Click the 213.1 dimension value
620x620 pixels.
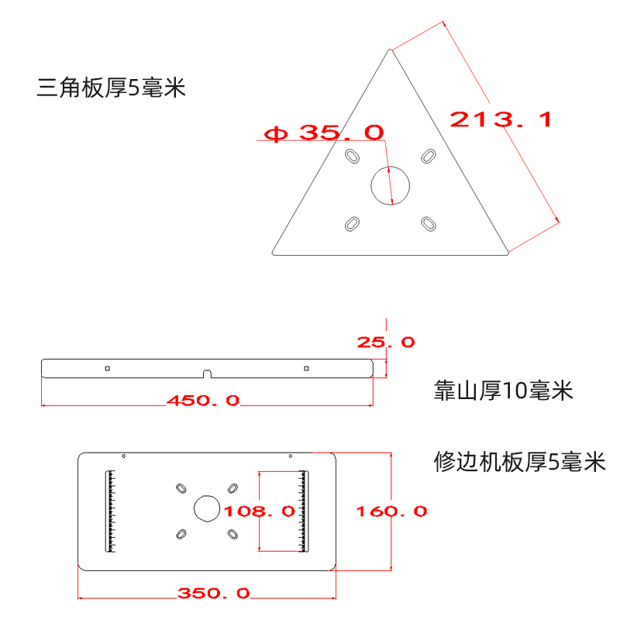(x=501, y=120)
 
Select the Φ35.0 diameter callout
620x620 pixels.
(x=324, y=133)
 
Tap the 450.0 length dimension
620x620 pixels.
(x=203, y=401)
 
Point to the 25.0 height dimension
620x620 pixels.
(x=385, y=342)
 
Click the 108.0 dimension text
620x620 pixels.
(x=260, y=511)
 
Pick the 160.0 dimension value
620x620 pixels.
(x=391, y=511)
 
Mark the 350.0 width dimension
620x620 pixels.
(x=214, y=594)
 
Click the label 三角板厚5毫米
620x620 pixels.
(x=112, y=88)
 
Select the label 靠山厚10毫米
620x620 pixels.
(x=504, y=391)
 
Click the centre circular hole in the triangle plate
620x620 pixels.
(x=391, y=184)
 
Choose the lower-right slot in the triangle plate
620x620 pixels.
(x=428, y=224)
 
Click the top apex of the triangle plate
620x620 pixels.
(x=390, y=50)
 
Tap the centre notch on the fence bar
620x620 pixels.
(x=207, y=374)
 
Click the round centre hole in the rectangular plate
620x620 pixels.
(x=206, y=509)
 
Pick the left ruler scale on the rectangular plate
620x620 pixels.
(x=111, y=511)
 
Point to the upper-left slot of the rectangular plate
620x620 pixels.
(x=181, y=487)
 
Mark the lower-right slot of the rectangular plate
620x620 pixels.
(x=232, y=534)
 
